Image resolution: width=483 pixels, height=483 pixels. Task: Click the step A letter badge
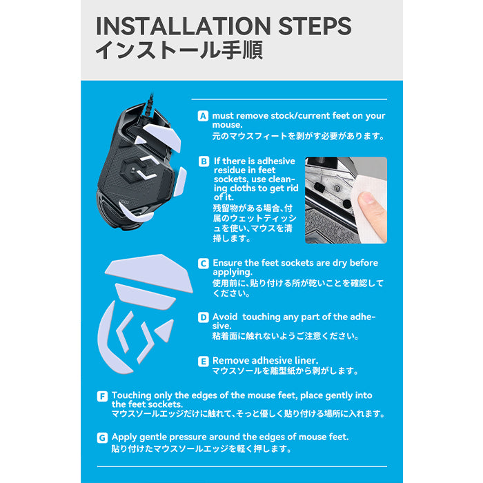point(203,116)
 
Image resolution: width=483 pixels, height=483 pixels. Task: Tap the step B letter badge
point(204,161)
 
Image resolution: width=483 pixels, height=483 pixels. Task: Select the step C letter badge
point(204,264)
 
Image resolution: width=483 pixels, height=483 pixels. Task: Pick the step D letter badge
point(204,317)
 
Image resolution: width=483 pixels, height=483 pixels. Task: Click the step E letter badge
point(204,362)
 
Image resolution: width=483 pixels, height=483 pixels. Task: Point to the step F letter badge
point(102,396)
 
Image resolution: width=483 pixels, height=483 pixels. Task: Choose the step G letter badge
point(102,437)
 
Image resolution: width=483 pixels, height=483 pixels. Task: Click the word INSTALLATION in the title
point(184,26)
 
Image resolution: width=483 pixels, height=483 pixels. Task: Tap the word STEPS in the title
point(315,26)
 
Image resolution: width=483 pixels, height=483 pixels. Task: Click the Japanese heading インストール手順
point(179,50)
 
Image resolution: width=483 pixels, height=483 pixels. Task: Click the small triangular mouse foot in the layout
point(165,331)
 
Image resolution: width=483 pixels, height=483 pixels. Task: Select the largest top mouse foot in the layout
point(150,272)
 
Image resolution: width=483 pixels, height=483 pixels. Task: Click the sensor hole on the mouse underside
point(133,169)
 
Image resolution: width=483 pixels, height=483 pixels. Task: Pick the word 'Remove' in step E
point(229,360)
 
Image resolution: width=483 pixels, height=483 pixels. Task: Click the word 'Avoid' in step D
point(225,317)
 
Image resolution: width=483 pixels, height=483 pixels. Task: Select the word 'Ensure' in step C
point(227,263)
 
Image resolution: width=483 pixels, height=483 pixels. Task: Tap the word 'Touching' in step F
point(132,395)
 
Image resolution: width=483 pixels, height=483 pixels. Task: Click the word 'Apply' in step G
point(124,437)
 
